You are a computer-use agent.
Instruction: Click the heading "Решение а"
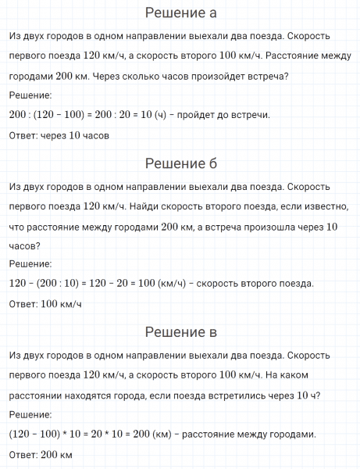[181, 13]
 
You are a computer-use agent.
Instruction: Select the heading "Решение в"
[181, 334]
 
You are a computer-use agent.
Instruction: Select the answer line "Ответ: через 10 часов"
[59, 134]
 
